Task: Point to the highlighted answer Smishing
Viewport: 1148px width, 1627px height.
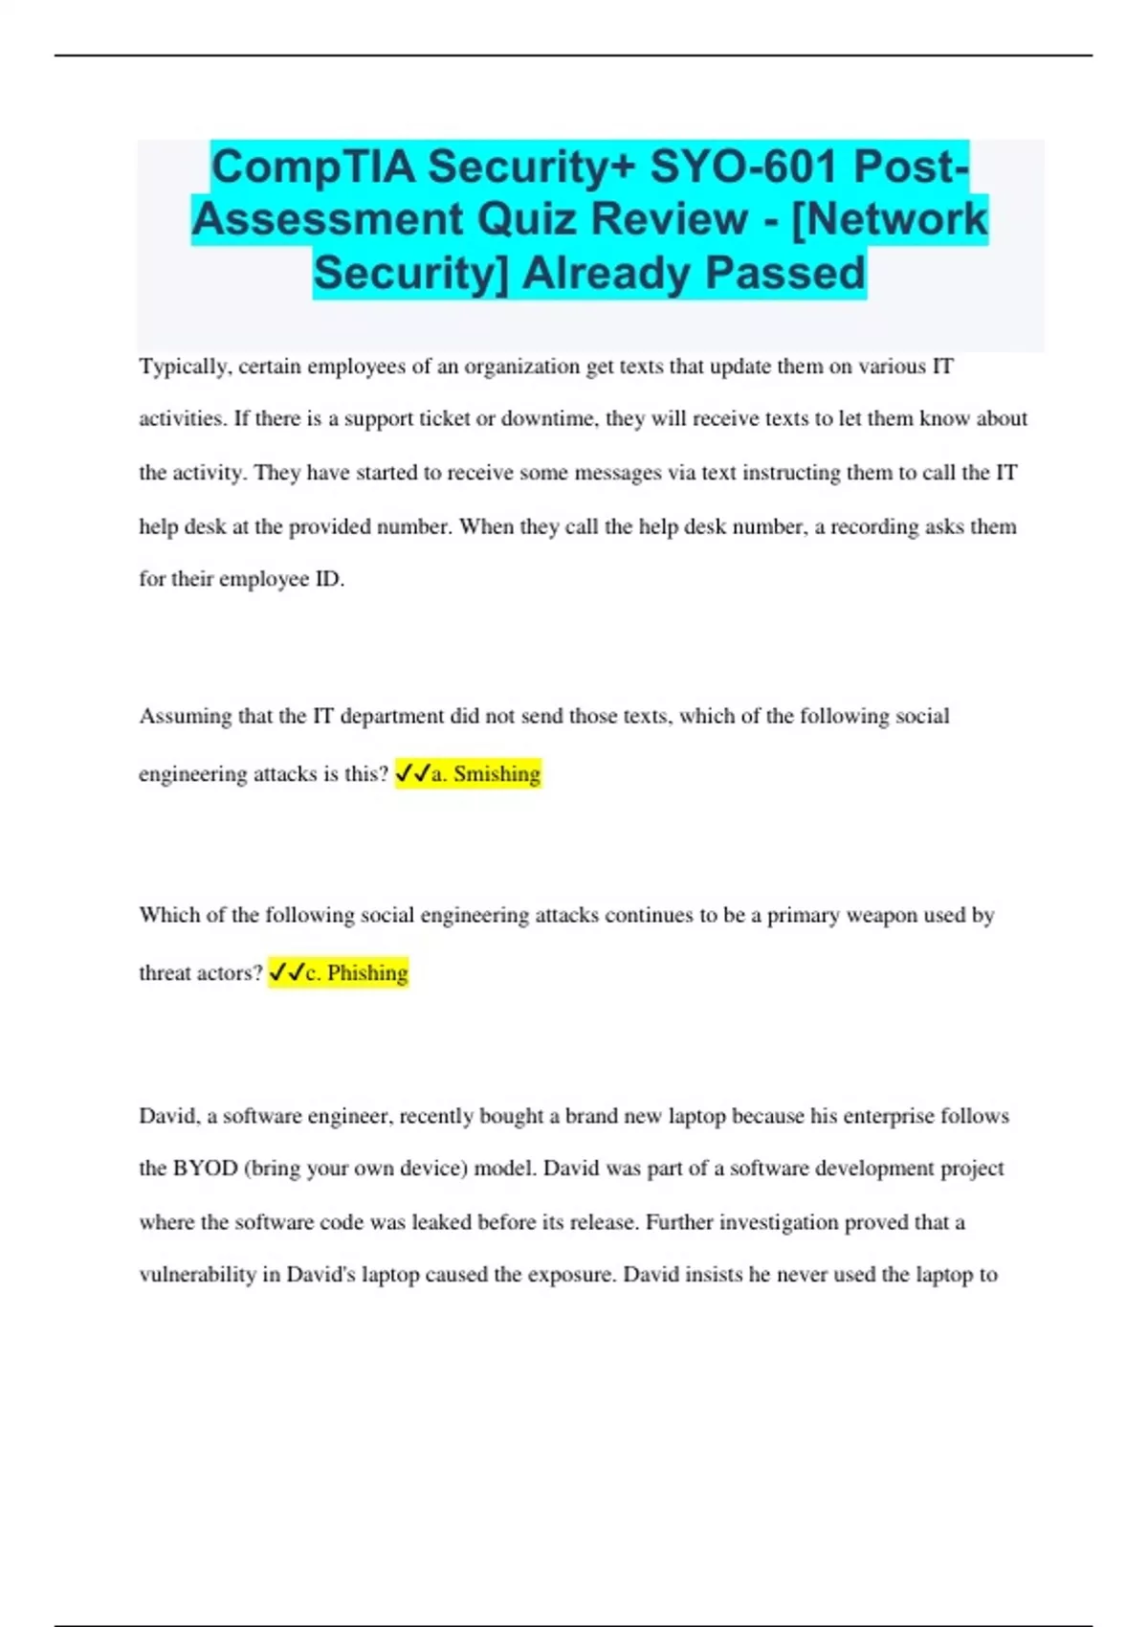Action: coord(497,773)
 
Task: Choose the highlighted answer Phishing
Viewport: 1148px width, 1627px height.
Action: coord(367,972)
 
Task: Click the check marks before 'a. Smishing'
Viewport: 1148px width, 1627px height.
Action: coord(412,773)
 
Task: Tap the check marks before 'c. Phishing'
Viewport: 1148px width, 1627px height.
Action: coord(286,972)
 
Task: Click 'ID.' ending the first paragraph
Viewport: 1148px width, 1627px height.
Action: coord(329,579)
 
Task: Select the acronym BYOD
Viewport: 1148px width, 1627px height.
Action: coord(205,1169)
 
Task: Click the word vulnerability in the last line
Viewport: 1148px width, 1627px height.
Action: coord(197,1275)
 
